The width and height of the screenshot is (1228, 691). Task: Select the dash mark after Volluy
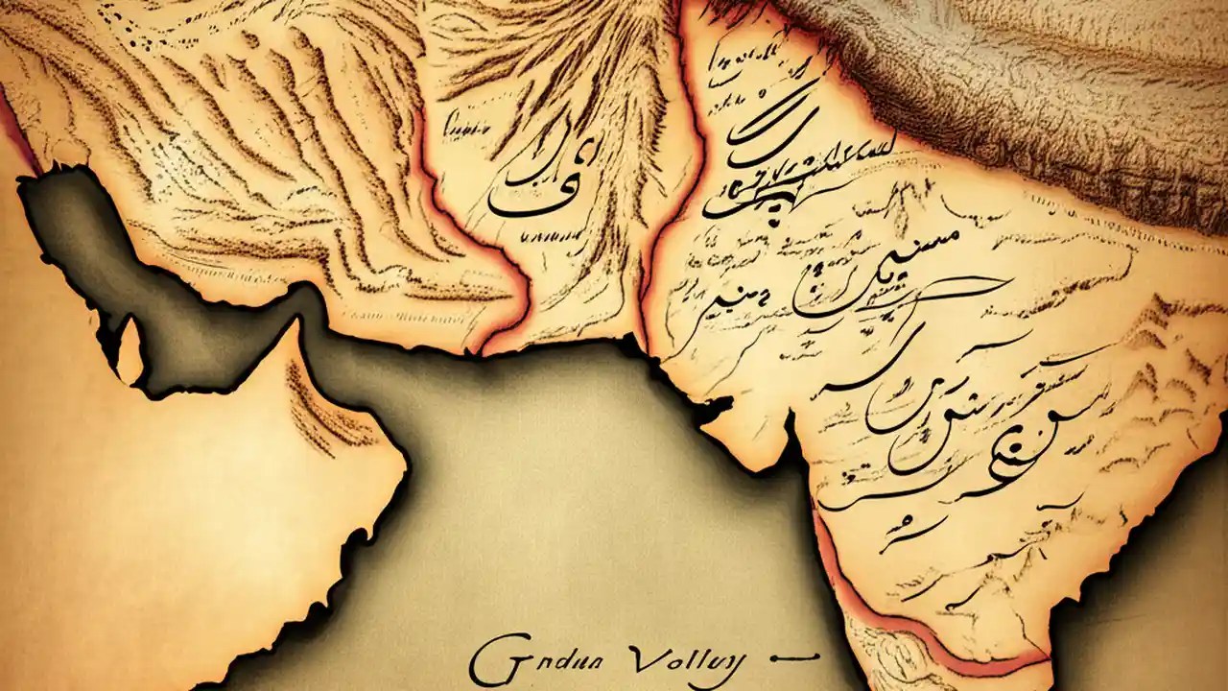(789, 657)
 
